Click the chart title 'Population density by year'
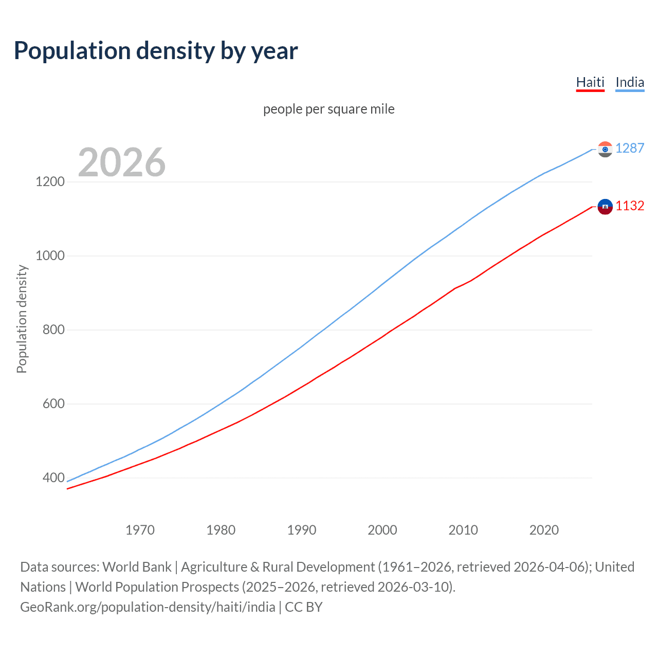pos(156,51)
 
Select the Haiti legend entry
pos(590,82)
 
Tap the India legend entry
pos(629,82)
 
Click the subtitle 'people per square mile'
pos(328,109)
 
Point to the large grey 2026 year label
pos(122,162)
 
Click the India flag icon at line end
pos(605,149)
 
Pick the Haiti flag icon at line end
pos(605,207)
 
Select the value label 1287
pos(629,148)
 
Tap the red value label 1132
pos(629,206)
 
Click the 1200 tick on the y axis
pos(50,181)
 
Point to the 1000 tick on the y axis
pos(50,255)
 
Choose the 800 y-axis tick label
pos(53,330)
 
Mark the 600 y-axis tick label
pos(53,404)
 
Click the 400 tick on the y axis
pos(53,478)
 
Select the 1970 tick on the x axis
pos(140,530)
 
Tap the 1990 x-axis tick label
pos(302,530)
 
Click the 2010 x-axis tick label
pos(463,530)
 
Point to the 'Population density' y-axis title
pos(22,319)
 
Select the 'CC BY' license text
pos(304,607)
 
